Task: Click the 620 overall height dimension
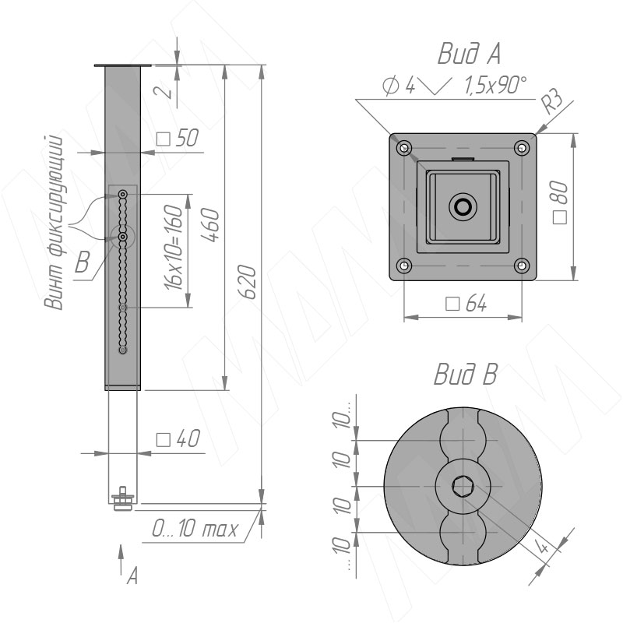tap(247, 282)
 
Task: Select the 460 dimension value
tap(210, 224)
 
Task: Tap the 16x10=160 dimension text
tap(174, 247)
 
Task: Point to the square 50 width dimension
tap(178, 138)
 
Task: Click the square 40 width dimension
tap(178, 438)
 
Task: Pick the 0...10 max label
tap(195, 528)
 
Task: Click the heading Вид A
tap(469, 54)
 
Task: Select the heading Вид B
tap(465, 374)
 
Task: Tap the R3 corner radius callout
tap(554, 101)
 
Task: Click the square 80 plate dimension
tap(560, 202)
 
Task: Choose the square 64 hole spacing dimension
tap(466, 304)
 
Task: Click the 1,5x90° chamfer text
tap(496, 86)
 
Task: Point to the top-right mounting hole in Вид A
tap(522, 148)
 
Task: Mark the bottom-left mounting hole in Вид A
tap(404, 265)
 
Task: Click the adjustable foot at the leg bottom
tap(123, 499)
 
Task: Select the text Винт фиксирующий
tap(55, 223)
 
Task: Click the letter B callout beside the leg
tap(82, 262)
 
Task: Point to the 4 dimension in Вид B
tap(543, 547)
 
